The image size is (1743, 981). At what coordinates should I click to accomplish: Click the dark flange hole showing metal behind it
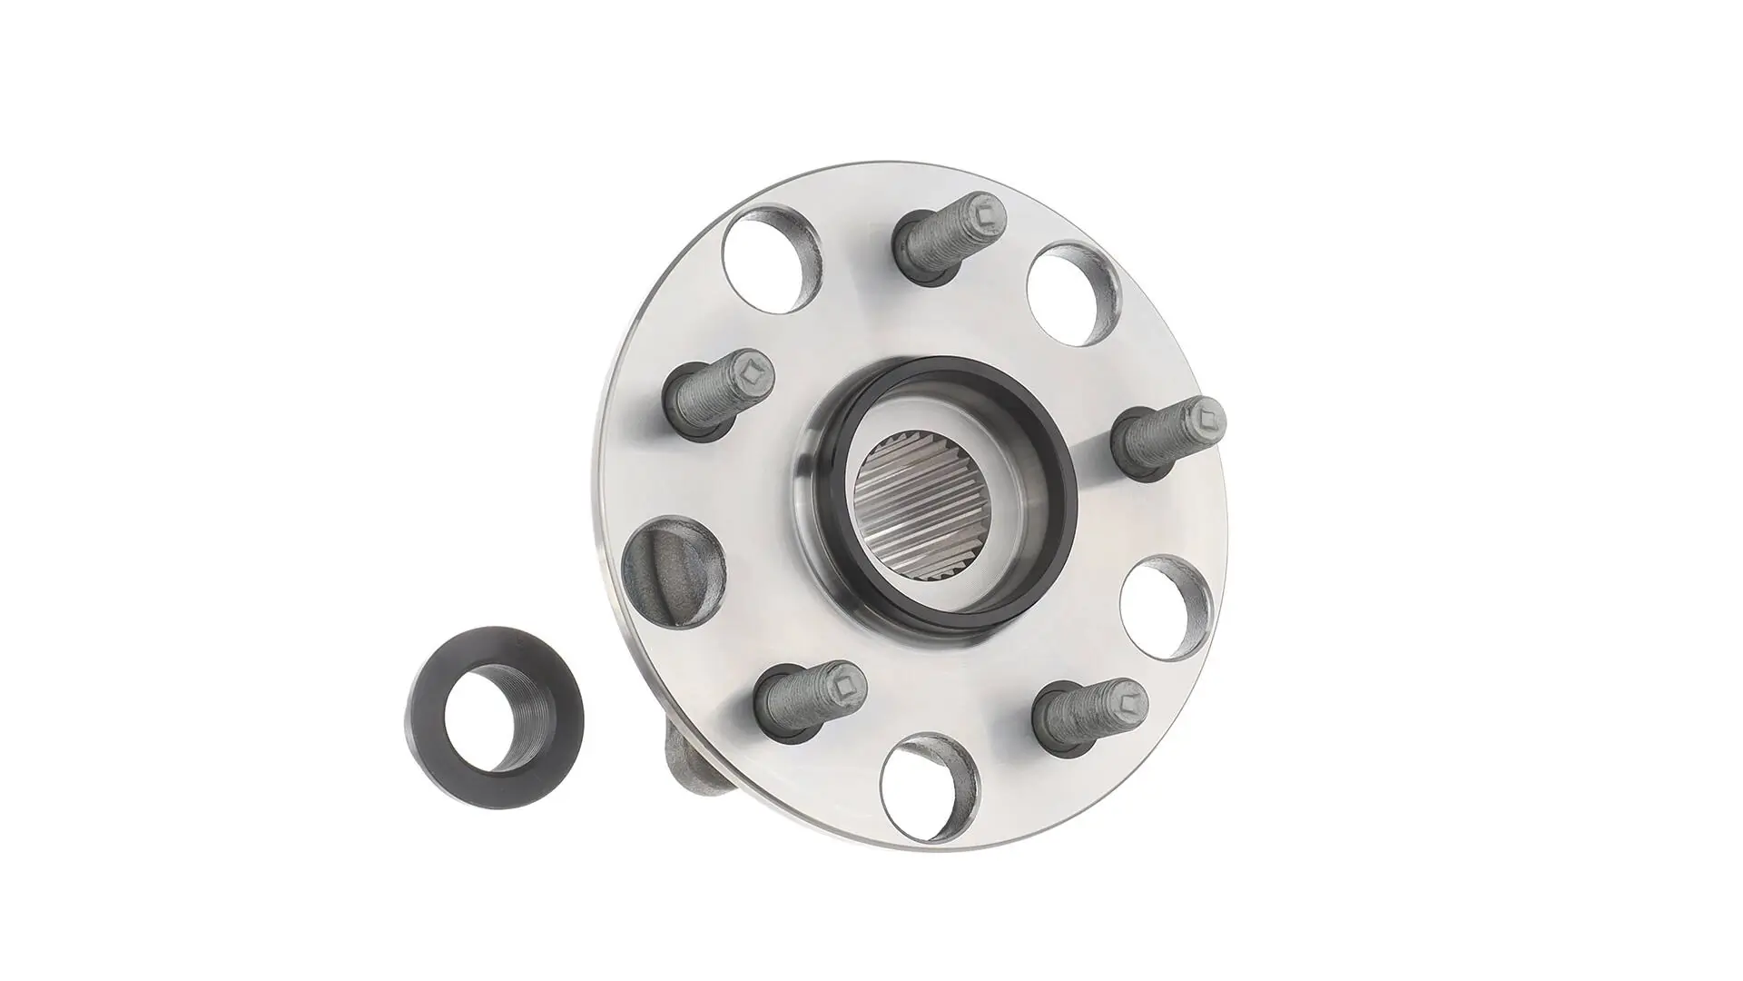tap(674, 572)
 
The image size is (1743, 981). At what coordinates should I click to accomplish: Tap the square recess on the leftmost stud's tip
tap(752, 371)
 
